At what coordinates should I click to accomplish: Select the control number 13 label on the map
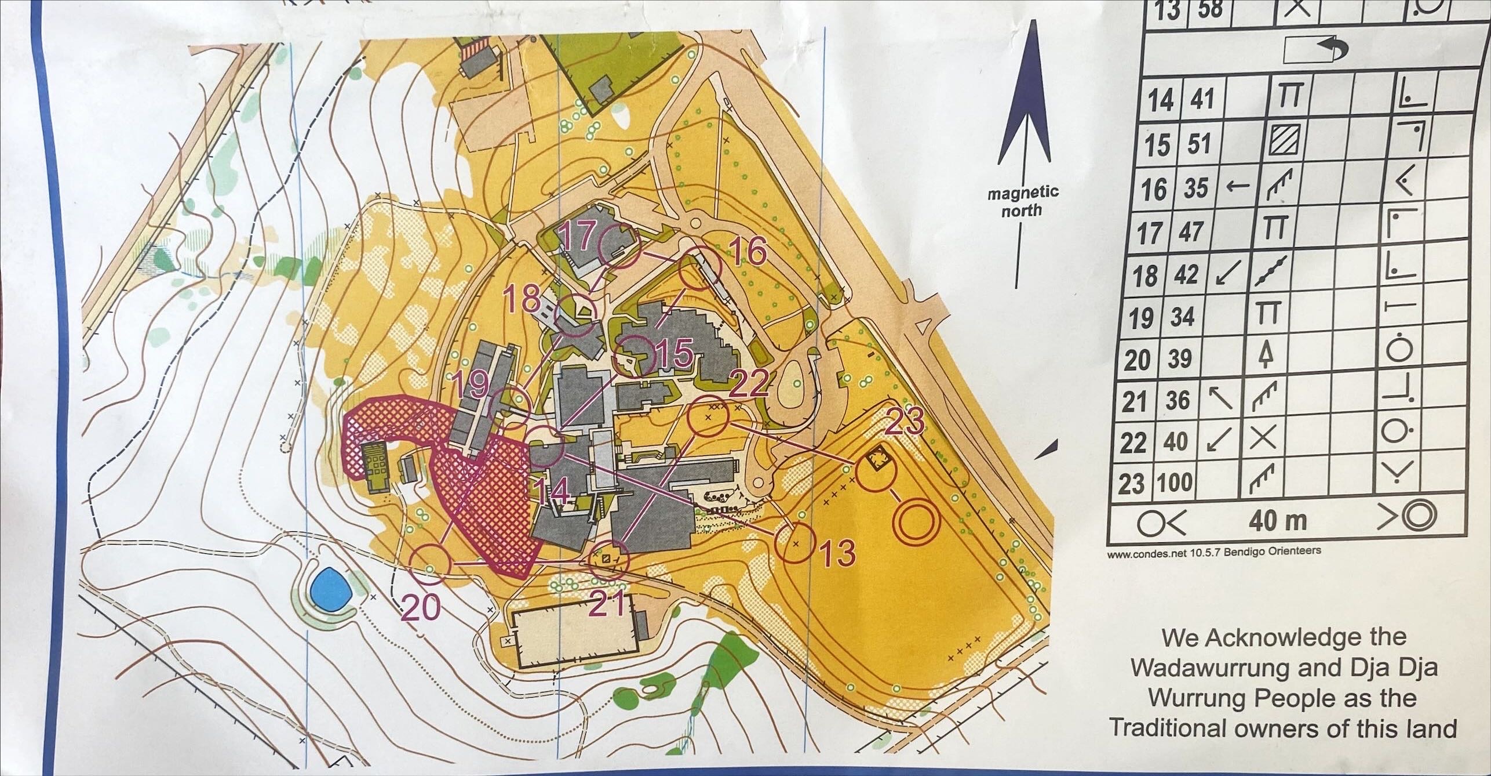pyautogui.click(x=838, y=554)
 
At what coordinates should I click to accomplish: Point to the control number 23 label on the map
pyautogui.click(x=905, y=424)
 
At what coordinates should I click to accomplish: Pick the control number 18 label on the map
pyautogui.click(x=522, y=297)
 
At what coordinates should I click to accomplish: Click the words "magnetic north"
pyautogui.click(x=1023, y=200)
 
